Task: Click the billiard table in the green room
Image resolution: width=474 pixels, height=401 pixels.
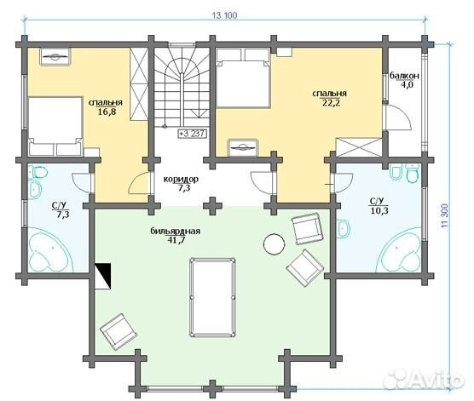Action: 212,297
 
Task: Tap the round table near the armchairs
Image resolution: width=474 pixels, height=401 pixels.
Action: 274,244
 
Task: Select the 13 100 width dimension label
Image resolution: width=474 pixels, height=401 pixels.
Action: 225,15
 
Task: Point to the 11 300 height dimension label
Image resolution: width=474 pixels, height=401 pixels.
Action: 444,215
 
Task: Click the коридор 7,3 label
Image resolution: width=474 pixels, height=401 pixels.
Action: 181,183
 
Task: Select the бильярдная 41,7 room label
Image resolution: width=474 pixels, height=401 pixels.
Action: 176,236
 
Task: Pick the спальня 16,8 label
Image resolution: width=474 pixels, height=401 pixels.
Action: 106,107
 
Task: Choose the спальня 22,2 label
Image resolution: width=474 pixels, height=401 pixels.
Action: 330,98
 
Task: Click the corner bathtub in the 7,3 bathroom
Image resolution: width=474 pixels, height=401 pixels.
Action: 49,251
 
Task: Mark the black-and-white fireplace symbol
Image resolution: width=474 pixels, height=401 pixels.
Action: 103,277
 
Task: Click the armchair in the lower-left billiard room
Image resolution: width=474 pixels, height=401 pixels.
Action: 118,331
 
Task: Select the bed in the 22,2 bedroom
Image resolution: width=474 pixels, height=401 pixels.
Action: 242,77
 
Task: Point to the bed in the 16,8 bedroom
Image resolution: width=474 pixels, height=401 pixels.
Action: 55,126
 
